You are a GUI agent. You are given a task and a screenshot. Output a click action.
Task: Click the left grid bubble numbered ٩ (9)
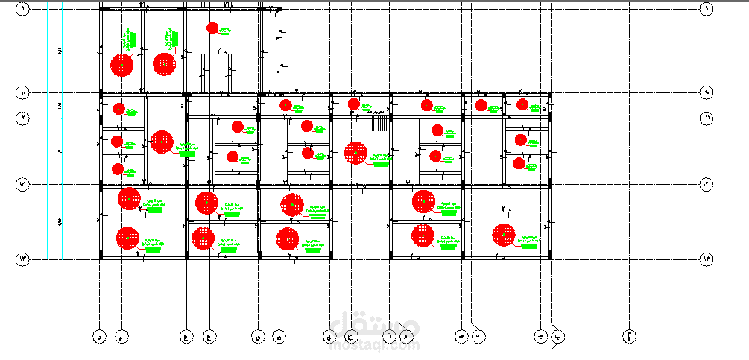[x=22, y=9]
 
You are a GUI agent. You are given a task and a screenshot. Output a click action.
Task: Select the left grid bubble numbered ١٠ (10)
[x=22, y=93]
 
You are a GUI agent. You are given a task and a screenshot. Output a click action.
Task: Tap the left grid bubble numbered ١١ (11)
[x=22, y=118]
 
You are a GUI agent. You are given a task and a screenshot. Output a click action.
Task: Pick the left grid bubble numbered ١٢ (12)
[x=22, y=183]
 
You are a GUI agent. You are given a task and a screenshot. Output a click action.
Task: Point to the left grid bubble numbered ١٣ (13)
[x=22, y=259]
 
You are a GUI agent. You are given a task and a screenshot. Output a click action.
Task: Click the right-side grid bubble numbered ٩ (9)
[x=706, y=9]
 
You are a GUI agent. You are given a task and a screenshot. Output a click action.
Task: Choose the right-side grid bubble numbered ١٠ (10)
[x=706, y=93]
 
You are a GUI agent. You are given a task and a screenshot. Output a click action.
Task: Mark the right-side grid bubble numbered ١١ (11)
[x=706, y=118]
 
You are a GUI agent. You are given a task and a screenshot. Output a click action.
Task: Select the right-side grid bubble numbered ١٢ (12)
[x=706, y=183]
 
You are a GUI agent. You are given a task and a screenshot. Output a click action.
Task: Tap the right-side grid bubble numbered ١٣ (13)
[x=706, y=259]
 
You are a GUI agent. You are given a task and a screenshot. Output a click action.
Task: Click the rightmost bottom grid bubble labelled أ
[x=630, y=337]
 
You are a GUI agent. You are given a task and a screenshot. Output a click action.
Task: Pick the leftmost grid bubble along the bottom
[x=99, y=337]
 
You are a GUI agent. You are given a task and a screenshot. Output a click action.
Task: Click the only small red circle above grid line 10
[x=212, y=28]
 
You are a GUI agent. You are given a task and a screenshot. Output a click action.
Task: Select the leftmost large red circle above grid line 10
[x=121, y=66]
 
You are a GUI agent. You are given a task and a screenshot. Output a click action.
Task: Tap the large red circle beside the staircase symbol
[x=355, y=153]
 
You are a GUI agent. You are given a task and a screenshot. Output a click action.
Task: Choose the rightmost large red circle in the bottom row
[x=503, y=235]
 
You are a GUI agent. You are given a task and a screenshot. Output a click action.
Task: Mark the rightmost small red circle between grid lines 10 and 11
[x=522, y=104]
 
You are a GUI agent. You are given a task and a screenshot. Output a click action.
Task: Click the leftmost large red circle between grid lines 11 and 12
[x=161, y=141]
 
